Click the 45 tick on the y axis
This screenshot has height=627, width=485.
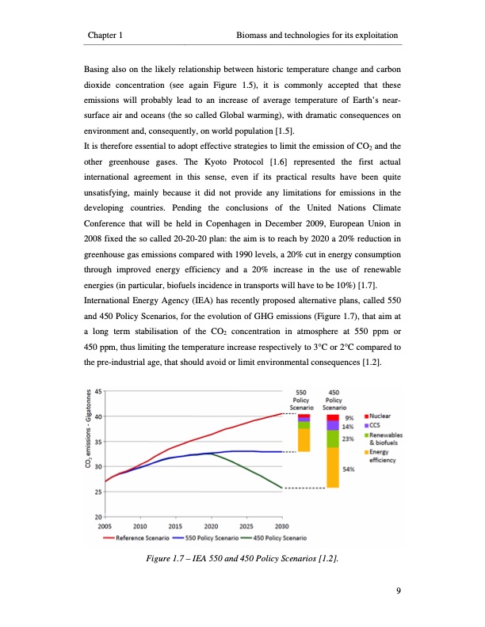pyautogui.click(x=97, y=391)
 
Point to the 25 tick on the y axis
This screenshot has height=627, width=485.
pyautogui.click(x=97, y=492)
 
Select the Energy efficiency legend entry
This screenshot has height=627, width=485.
pyautogui.click(x=384, y=457)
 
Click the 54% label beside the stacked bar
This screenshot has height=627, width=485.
pyautogui.click(x=347, y=469)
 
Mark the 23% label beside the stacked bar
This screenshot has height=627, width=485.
pyautogui.click(x=347, y=439)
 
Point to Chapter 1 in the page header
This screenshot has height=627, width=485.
pyautogui.click(x=110, y=36)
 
